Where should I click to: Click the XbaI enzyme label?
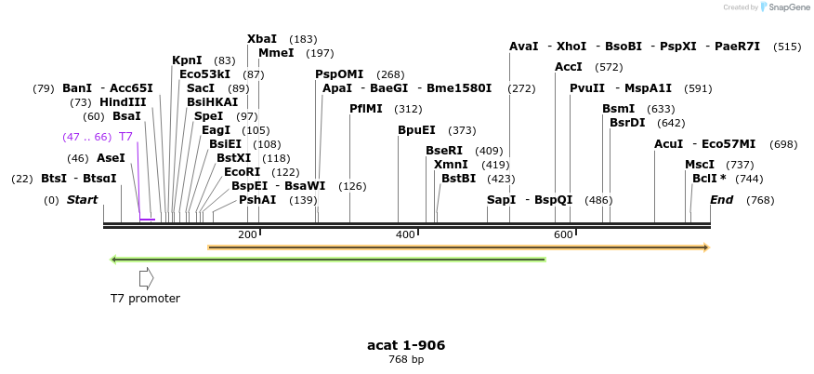pyautogui.click(x=261, y=39)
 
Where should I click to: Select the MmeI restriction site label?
pyautogui.click(x=276, y=53)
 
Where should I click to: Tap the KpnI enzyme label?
pyautogui.click(x=187, y=60)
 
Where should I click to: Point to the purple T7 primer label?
pyautogui.click(x=125, y=137)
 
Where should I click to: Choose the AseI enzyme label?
pyautogui.click(x=111, y=158)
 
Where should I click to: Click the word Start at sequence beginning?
pyautogui.click(x=82, y=200)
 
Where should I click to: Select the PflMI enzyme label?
pyautogui.click(x=365, y=109)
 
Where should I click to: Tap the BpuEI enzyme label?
pyautogui.click(x=416, y=130)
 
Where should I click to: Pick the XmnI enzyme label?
pyautogui.click(x=451, y=165)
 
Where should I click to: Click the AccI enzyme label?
pyautogui.click(x=568, y=67)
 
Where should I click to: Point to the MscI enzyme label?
pyautogui.click(x=699, y=165)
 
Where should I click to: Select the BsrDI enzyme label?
pyautogui.click(x=627, y=123)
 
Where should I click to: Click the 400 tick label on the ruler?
pyautogui.click(x=405, y=234)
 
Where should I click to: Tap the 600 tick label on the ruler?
pyautogui.click(x=563, y=234)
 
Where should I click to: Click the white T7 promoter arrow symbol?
pyautogui.click(x=146, y=277)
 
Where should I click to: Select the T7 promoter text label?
pyautogui.click(x=145, y=299)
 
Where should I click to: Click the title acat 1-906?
pyautogui.click(x=406, y=345)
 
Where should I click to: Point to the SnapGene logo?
pyautogui.click(x=783, y=7)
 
